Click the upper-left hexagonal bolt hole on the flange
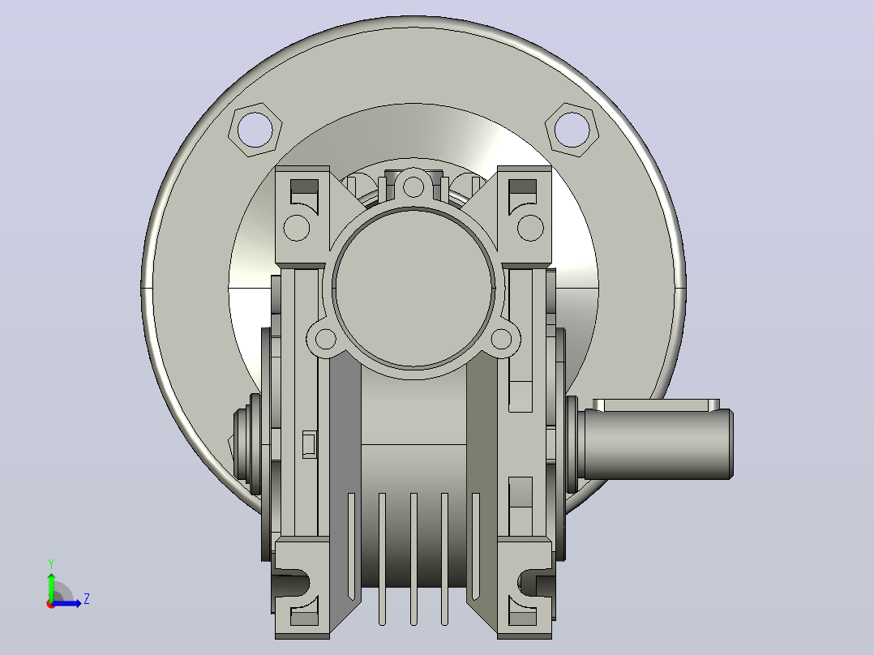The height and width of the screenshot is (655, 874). (x=255, y=130)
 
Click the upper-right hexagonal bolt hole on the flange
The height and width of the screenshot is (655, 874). (x=572, y=130)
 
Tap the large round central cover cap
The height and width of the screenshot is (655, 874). (x=413, y=289)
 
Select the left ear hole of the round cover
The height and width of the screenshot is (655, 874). (x=326, y=339)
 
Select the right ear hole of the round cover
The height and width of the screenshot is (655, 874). (x=502, y=339)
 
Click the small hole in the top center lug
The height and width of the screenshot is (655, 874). (x=413, y=186)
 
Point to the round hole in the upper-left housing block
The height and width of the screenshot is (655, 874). (x=297, y=228)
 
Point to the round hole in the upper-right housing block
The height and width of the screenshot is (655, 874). (x=530, y=228)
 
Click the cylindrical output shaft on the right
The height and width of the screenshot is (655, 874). (x=658, y=444)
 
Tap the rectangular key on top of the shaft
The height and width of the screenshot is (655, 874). (x=656, y=405)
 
